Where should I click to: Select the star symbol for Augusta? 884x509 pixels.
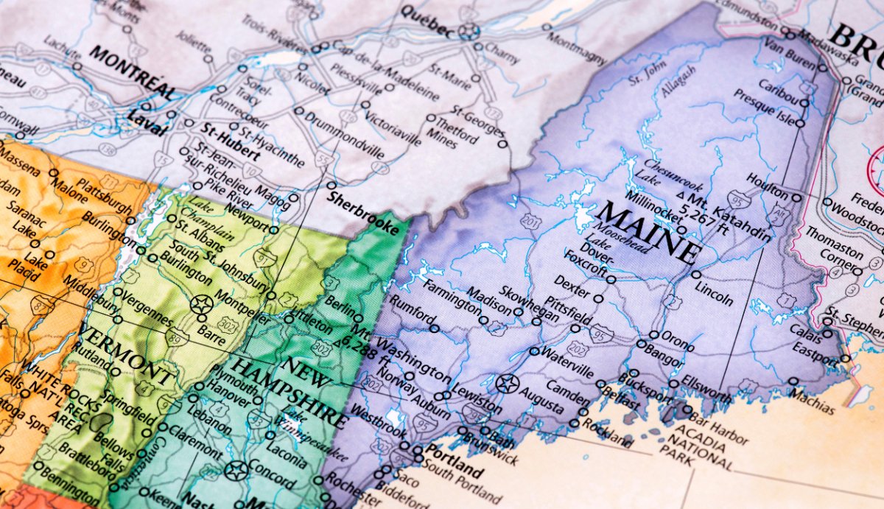pos(506,383)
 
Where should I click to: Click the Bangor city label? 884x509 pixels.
pos(663,352)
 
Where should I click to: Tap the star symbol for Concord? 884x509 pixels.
pos(236,469)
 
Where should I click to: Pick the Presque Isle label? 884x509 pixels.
pos(765,108)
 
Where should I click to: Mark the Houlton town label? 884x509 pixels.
pos(767,186)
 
